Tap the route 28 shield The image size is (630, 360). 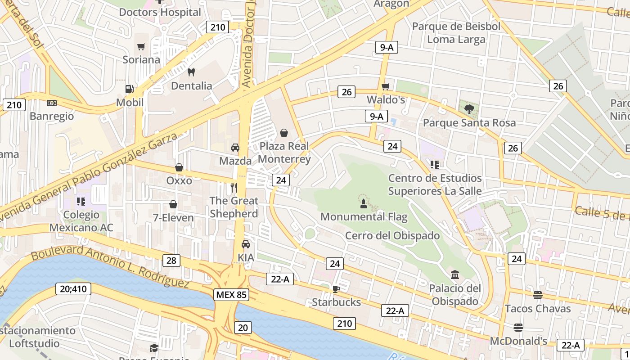171,261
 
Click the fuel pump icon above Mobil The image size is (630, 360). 130,89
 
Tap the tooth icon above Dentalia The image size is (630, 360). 191,72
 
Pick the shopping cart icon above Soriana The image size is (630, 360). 141,46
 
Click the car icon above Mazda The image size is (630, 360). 235,147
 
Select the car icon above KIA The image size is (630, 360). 245,244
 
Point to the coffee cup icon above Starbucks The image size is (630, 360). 336,288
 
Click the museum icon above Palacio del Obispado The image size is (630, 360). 454,274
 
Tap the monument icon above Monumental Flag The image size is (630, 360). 364,203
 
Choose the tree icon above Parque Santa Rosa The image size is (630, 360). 469,109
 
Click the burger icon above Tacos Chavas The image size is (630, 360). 537,295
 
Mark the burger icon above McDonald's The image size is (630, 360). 518,327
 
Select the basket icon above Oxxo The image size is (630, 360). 179,167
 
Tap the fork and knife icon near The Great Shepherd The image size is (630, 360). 234,187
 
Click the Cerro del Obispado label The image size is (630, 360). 392,235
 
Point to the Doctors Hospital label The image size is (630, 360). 160,12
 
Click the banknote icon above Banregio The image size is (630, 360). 52,103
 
